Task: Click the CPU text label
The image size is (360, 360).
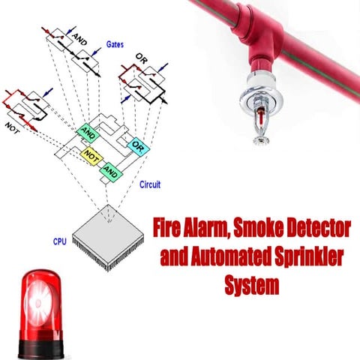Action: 60,242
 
